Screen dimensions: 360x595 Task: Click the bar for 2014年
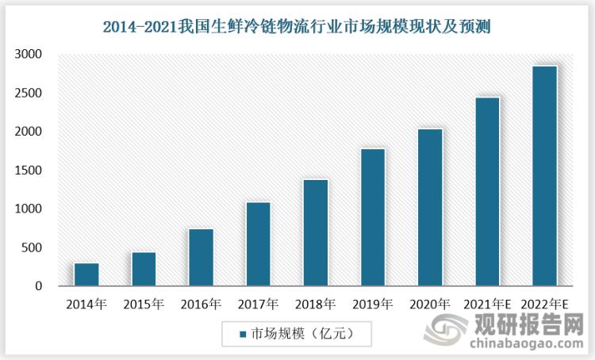[x=86, y=274]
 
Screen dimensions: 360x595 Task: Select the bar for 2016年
[x=201, y=258]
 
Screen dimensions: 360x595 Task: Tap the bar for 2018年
[x=316, y=232]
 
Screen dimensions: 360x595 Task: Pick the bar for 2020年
[x=430, y=207]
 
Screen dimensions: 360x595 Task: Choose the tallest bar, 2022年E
[x=544, y=176]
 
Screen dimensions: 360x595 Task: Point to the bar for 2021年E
[x=487, y=192]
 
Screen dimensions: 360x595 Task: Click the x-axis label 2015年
[x=144, y=304]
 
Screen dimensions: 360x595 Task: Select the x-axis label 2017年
[x=258, y=304]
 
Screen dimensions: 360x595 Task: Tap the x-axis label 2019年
[x=373, y=304]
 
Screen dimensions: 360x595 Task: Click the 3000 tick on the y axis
[x=29, y=55]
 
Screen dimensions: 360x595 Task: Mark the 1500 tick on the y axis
[x=29, y=170]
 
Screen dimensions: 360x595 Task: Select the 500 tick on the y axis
[x=33, y=248]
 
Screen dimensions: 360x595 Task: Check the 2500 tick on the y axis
[x=29, y=94]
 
